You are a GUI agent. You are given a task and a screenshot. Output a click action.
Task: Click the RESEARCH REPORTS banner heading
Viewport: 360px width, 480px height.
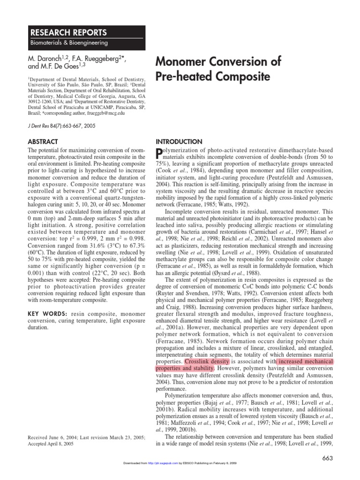click(x=68, y=32)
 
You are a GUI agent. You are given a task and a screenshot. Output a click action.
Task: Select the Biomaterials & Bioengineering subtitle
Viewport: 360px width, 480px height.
click(x=69, y=43)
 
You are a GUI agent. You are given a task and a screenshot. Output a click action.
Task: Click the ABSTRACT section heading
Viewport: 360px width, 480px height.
click(x=43, y=142)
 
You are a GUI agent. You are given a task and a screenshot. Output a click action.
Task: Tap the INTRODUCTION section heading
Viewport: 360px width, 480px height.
click(x=179, y=142)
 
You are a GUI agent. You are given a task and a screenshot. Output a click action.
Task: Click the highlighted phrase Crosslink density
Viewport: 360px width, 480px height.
click(x=207, y=362)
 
